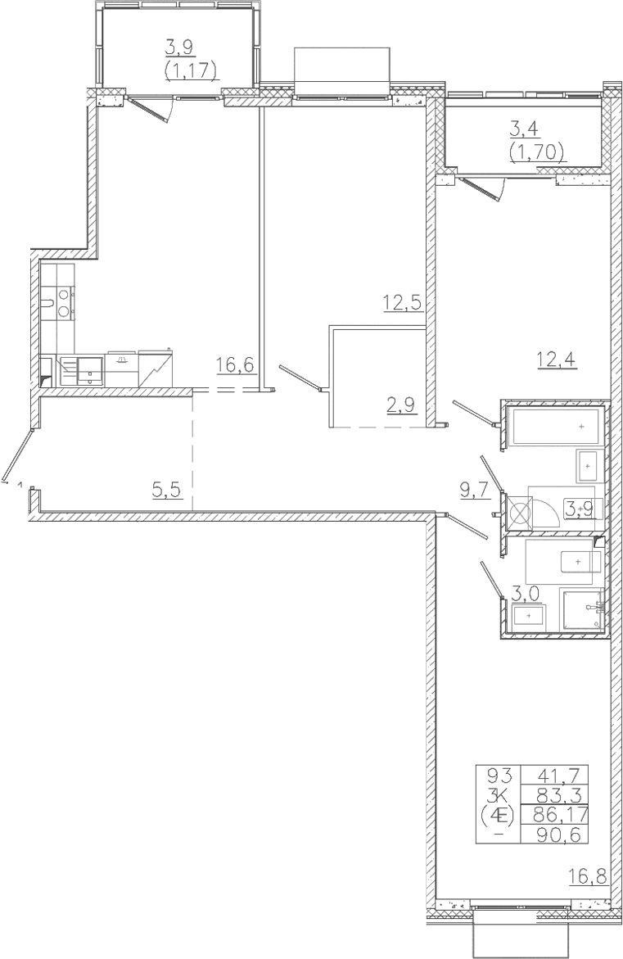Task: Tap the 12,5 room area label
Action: click(x=404, y=302)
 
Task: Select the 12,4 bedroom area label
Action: click(x=557, y=358)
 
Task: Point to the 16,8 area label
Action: click(x=589, y=878)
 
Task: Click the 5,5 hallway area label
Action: click(x=168, y=489)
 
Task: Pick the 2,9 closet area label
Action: click(x=401, y=405)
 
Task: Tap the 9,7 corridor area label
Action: click(x=475, y=489)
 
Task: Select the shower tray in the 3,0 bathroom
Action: click(x=581, y=609)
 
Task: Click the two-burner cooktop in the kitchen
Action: click(x=64, y=303)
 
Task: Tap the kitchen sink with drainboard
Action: click(x=81, y=369)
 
